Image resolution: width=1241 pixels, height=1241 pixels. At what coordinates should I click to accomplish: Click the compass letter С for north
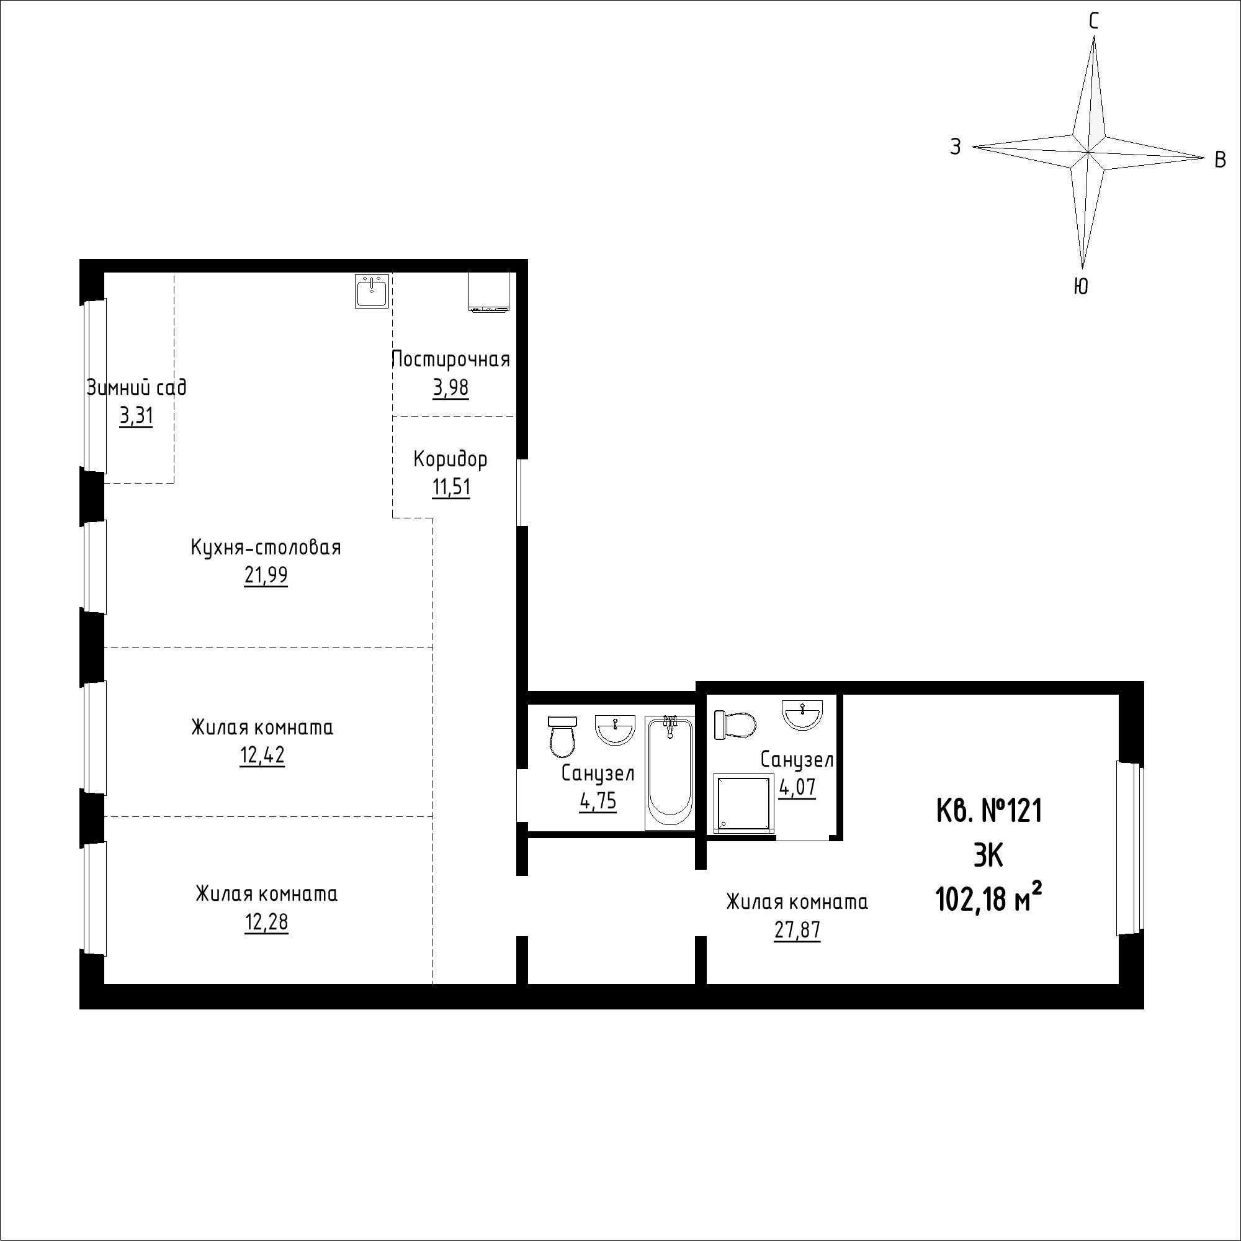click(x=1093, y=22)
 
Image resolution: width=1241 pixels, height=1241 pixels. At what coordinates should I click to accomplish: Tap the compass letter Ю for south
click(x=1081, y=287)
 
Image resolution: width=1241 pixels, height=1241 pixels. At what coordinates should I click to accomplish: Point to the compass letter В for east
click(x=1221, y=160)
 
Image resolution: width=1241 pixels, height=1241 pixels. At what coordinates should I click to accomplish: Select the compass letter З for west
click(x=956, y=147)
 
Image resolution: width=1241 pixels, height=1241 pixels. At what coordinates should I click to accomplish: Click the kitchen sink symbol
click(x=371, y=291)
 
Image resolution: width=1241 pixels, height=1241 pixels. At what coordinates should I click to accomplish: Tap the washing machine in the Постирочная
click(x=489, y=292)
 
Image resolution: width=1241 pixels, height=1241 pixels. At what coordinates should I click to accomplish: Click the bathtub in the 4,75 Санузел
click(x=670, y=773)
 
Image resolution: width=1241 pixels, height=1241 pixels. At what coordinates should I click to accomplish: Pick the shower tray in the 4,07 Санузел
click(x=742, y=805)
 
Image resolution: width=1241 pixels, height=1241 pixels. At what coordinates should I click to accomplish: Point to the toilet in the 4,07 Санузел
click(x=734, y=725)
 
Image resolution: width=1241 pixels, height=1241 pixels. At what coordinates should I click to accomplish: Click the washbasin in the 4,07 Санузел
click(x=802, y=715)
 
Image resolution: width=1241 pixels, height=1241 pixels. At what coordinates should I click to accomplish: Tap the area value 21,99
click(x=266, y=576)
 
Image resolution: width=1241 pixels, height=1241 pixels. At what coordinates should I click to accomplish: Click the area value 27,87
click(x=797, y=931)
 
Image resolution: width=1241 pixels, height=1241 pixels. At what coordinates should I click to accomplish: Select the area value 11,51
click(x=451, y=487)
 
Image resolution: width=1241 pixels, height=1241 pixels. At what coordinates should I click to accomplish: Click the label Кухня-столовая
click(x=266, y=548)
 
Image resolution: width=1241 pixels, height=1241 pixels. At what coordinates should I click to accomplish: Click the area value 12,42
click(x=262, y=756)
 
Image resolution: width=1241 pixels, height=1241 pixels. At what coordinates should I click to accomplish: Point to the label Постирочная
click(x=451, y=359)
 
